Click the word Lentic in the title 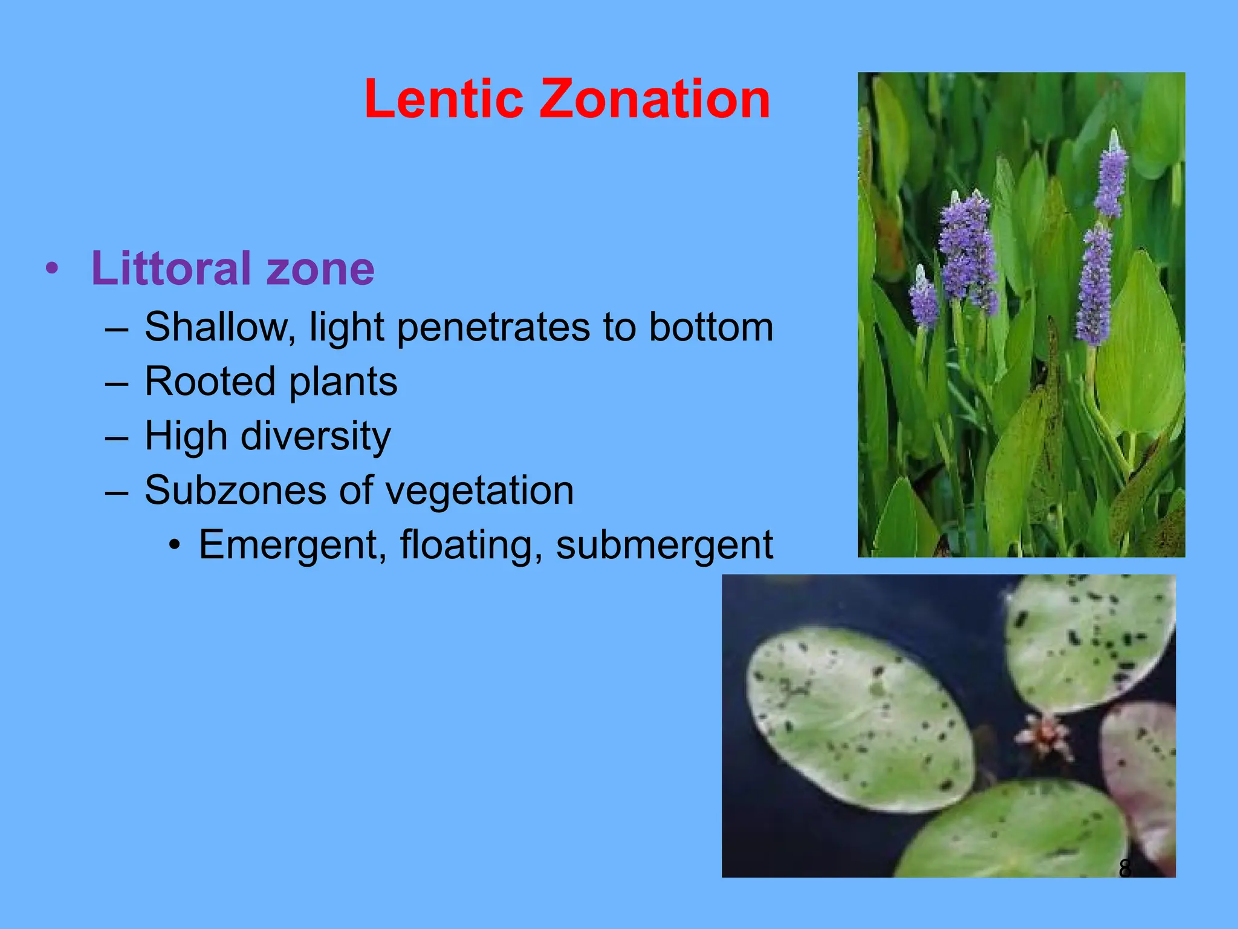(x=444, y=99)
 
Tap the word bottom (x=711, y=327)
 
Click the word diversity (x=316, y=437)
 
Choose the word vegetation (x=479, y=491)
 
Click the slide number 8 (x=1125, y=868)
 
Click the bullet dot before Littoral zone (x=53, y=269)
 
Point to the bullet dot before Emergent (x=175, y=546)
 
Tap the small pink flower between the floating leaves (x=1045, y=737)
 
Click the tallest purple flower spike (x=1112, y=175)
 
